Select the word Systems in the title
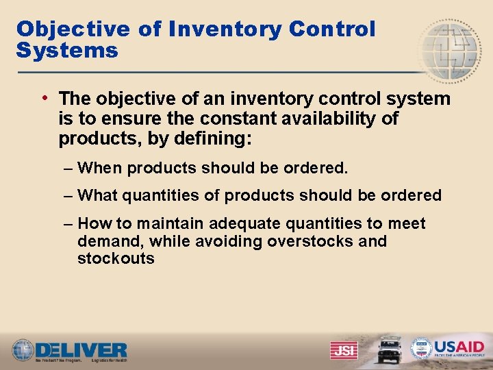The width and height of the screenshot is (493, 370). pyautogui.click(x=67, y=50)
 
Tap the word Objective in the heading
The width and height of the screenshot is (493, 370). pyautogui.click(x=73, y=29)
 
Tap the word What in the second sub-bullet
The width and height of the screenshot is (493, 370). pyautogui.click(x=99, y=195)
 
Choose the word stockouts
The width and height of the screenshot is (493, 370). pyautogui.click(x=116, y=258)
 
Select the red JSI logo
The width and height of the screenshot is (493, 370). pyautogui.click(x=343, y=350)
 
